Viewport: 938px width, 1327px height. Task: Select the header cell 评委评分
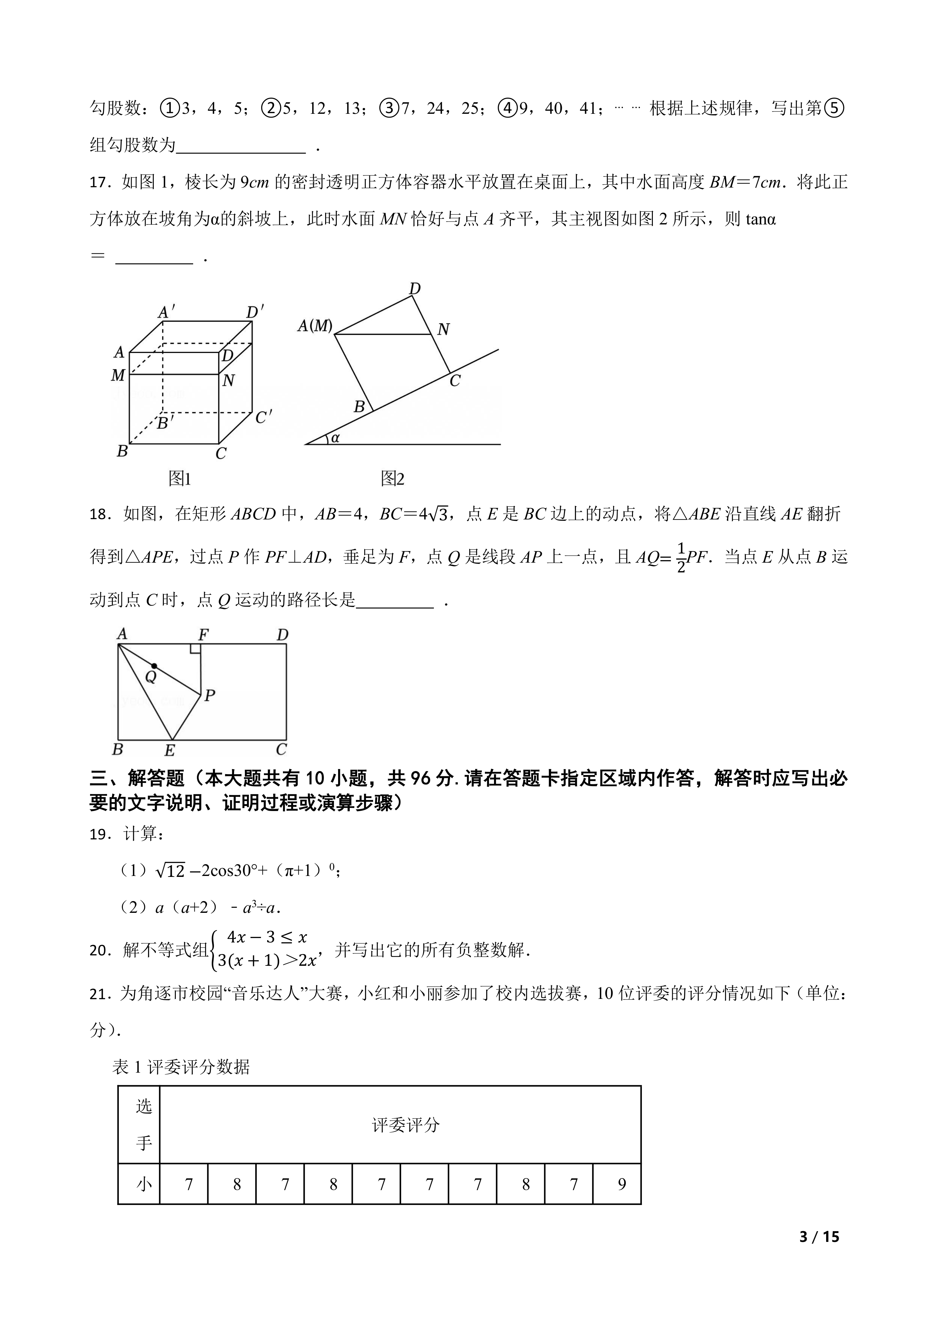click(406, 1125)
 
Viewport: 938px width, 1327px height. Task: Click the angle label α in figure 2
click(335, 438)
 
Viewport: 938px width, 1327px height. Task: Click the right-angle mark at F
click(195, 648)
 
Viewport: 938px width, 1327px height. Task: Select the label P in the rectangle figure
click(210, 696)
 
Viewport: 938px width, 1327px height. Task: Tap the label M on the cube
click(118, 376)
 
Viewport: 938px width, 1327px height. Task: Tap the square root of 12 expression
click(170, 870)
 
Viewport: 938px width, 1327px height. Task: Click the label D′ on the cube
click(254, 313)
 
